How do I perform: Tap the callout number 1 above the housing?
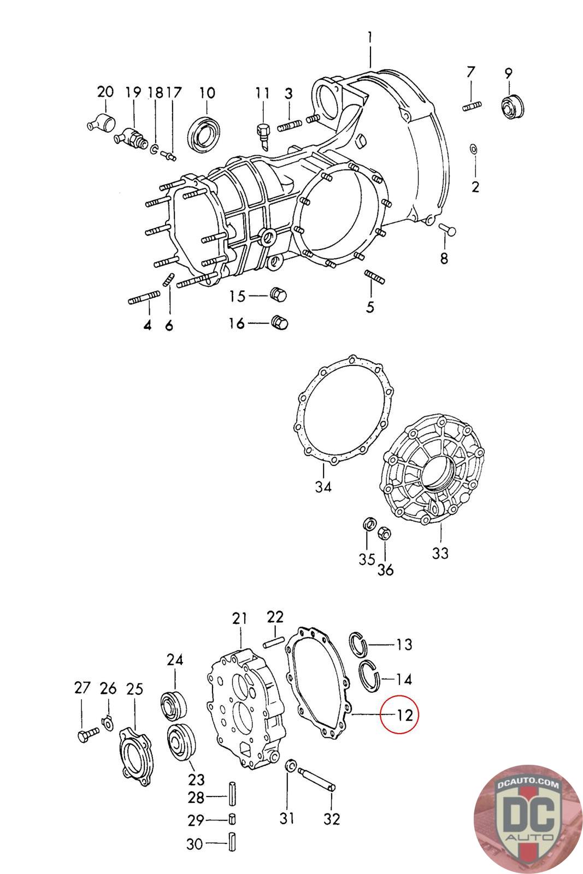click(x=370, y=38)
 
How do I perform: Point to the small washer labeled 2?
click(x=473, y=149)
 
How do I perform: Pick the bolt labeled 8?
click(x=448, y=230)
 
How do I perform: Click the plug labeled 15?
click(x=279, y=296)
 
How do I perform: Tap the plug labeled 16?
click(x=280, y=323)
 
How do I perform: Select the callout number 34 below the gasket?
click(x=323, y=486)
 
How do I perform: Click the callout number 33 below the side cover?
click(x=440, y=553)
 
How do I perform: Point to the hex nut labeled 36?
click(x=384, y=532)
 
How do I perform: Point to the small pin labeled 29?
click(x=232, y=819)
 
